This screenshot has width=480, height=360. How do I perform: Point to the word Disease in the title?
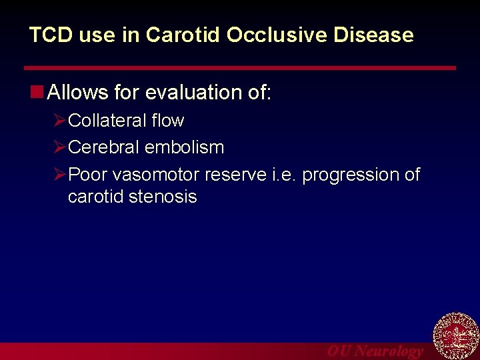380,35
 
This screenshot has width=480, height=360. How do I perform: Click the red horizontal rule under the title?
240,68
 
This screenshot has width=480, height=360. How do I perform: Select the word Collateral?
107,121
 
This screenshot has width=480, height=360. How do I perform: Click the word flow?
167,121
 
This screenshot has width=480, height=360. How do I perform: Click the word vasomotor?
156,175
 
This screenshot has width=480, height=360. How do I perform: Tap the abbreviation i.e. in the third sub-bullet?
285,175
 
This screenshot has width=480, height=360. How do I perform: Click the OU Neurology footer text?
375,351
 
